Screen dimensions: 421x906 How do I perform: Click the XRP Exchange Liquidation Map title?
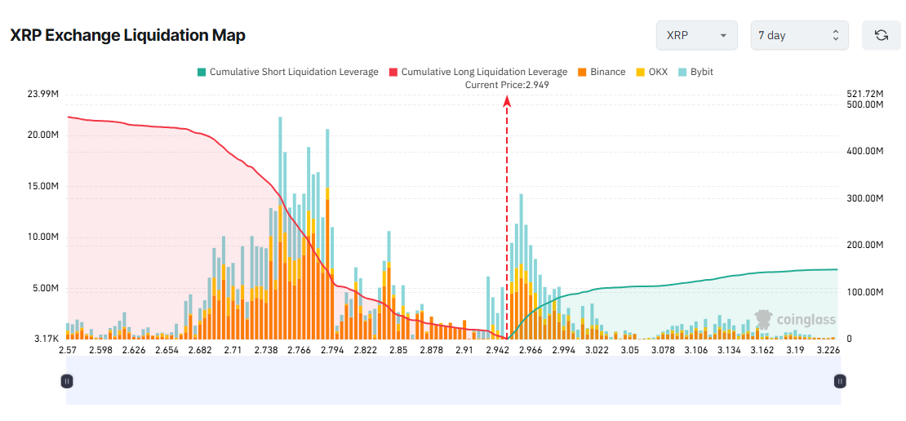tap(127, 36)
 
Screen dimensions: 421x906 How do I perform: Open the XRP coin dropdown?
tap(696, 36)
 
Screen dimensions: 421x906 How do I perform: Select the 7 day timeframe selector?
tap(799, 36)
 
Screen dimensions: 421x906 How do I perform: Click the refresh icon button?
tap(881, 36)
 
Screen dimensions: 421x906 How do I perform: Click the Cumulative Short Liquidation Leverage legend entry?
tap(287, 72)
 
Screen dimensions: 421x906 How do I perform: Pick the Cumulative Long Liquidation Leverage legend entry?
tap(478, 72)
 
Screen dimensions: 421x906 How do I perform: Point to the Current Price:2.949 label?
tap(507, 85)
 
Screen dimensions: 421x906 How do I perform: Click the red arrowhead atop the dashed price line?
tap(507, 101)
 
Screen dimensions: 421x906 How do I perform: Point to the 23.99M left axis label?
tap(43, 95)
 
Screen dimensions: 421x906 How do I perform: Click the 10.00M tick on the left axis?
tap(43, 237)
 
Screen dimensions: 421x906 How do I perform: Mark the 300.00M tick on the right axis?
tap(864, 198)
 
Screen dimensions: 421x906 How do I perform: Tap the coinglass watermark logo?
tap(795, 319)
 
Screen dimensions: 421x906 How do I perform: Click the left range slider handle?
tap(67, 380)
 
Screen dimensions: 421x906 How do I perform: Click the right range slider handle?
tap(840, 380)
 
